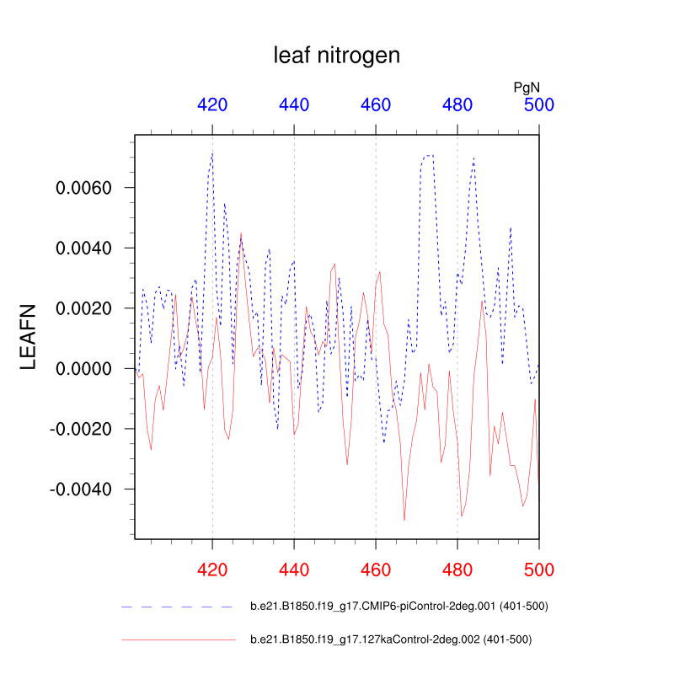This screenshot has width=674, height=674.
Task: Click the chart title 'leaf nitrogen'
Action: (336, 56)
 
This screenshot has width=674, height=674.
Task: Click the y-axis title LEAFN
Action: (29, 336)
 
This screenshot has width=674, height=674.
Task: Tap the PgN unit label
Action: (527, 87)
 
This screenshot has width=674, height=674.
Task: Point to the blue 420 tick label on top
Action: (212, 105)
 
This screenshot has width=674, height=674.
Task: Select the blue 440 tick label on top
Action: (294, 105)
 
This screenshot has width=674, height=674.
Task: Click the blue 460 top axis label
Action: (376, 105)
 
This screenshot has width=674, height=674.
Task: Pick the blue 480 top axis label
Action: (457, 105)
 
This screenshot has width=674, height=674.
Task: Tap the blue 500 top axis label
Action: (539, 105)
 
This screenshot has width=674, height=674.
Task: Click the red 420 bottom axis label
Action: (212, 570)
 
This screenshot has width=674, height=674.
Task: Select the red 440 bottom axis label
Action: (294, 570)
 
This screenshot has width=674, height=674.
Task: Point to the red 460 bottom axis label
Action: (376, 570)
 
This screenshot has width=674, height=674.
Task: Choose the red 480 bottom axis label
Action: (457, 570)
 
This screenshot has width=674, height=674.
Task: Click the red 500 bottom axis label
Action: (539, 570)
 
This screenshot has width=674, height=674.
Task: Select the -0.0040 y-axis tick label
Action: (85, 489)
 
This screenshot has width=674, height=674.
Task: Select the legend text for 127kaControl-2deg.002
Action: (391, 639)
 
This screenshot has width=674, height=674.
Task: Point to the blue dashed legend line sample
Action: (177, 606)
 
